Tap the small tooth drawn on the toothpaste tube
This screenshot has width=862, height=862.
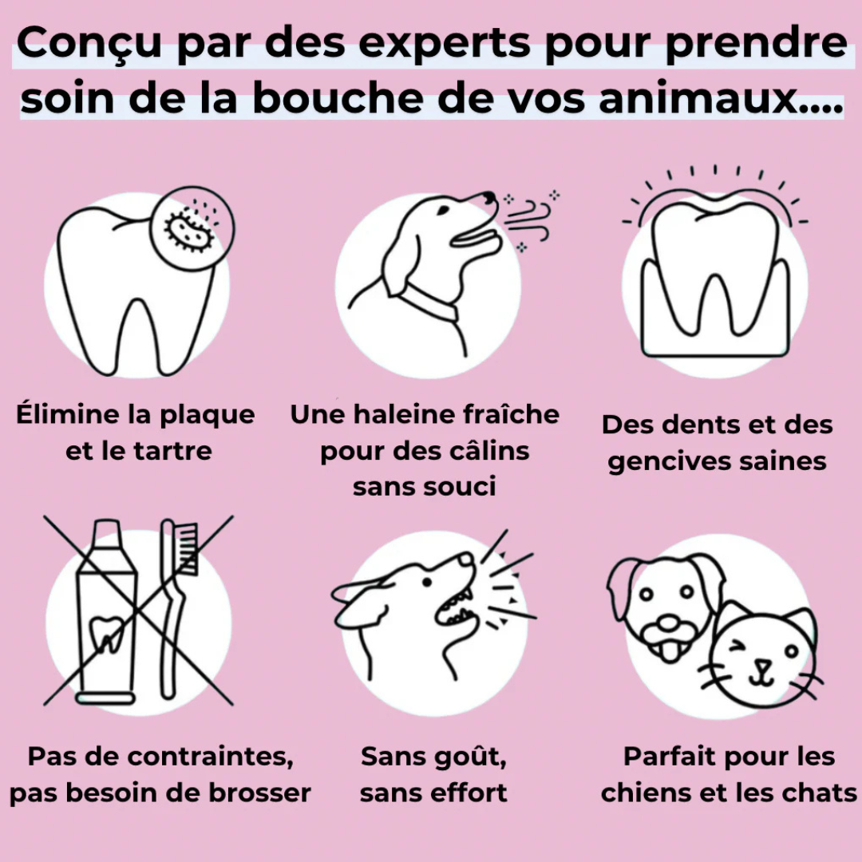coord(104,635)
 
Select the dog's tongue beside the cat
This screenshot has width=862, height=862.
coord(666,650)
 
